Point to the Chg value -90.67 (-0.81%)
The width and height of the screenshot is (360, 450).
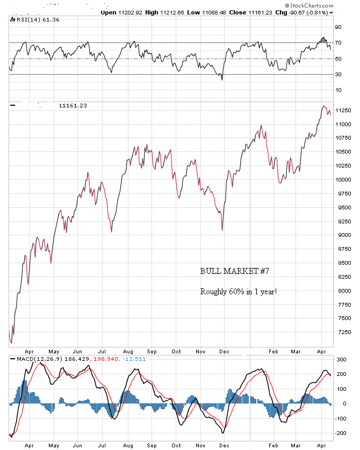(314, 12)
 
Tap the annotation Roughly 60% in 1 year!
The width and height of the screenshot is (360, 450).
(239, 292)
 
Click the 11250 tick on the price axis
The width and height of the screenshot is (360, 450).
(343, 111)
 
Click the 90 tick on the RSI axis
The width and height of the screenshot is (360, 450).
(339, 26)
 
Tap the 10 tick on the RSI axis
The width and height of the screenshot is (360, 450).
(339, 90)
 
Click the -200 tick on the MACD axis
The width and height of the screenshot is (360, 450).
(341, 433)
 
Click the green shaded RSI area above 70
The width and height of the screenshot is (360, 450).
(323, 40)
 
